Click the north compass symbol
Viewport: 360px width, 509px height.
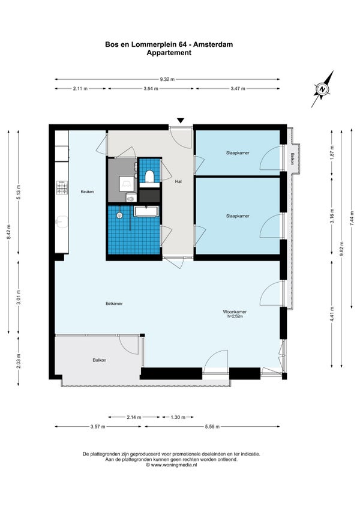pos(322,89)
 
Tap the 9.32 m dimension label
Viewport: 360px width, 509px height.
pos(167,79)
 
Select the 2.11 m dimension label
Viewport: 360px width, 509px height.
pos(80,88)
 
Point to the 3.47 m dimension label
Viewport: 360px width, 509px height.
pos(238,88)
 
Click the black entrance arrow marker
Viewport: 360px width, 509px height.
pos(181,121)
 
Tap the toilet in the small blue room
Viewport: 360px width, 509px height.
pos(149,176)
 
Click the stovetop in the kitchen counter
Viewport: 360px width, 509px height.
pos(62,188)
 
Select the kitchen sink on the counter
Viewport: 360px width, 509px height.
pos(62,221)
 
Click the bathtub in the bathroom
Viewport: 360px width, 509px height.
pos(146,211)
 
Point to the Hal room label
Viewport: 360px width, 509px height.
pos(178,181)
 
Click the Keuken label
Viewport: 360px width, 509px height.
pos(88,191)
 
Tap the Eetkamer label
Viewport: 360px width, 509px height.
pos(114,304)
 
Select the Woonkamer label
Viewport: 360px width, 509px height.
pos(235,312)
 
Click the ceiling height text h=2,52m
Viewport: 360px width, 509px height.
pos(235,316)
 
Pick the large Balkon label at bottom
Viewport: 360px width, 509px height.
pos(100,360)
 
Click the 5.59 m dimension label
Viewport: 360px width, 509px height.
pos(212,427)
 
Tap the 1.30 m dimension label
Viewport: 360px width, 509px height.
pos(178,417)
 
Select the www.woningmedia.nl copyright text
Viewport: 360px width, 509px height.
pos(171,465)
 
